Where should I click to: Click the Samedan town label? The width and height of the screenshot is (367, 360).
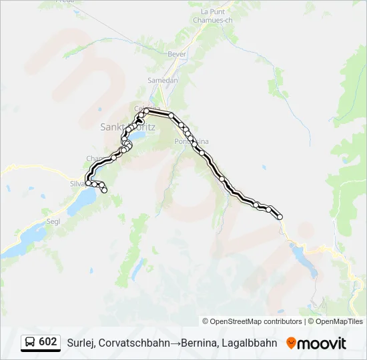(163, 80)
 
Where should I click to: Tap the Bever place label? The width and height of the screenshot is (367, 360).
(177, 53)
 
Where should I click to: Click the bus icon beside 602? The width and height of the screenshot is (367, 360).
(30, 342)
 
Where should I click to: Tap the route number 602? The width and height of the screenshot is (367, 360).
(48, 342)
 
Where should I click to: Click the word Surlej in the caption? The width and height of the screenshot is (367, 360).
(80, 343)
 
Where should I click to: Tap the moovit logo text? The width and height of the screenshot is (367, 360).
(322, 343)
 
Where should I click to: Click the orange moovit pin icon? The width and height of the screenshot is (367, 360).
(291, 343)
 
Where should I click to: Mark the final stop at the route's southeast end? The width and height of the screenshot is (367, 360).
(280, 217)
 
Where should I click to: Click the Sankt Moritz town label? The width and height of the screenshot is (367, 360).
(127, 126)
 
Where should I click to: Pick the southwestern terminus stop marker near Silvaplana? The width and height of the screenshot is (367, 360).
(105, 191)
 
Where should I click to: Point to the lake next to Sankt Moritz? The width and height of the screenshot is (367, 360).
(139, 137)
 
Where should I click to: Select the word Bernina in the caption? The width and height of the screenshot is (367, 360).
(200, 343)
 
